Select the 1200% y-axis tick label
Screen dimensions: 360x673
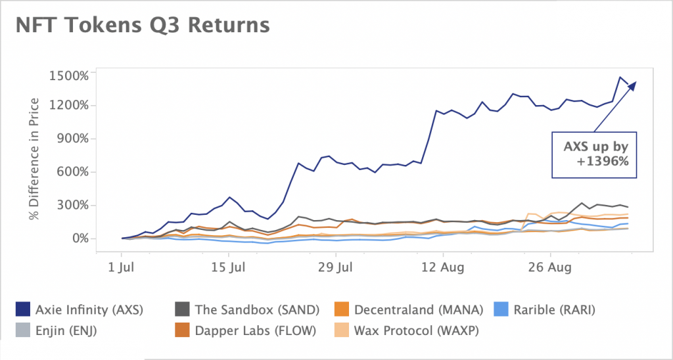click(68, 106)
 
